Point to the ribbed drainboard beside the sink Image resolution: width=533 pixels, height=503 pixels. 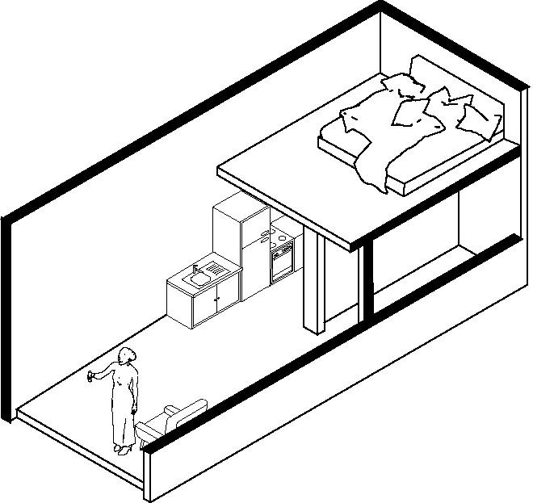click(x=214, y=269)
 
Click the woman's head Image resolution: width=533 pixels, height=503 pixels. click(x=127, y=356)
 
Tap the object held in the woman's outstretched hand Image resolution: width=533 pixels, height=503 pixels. click(x=91, y=376)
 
